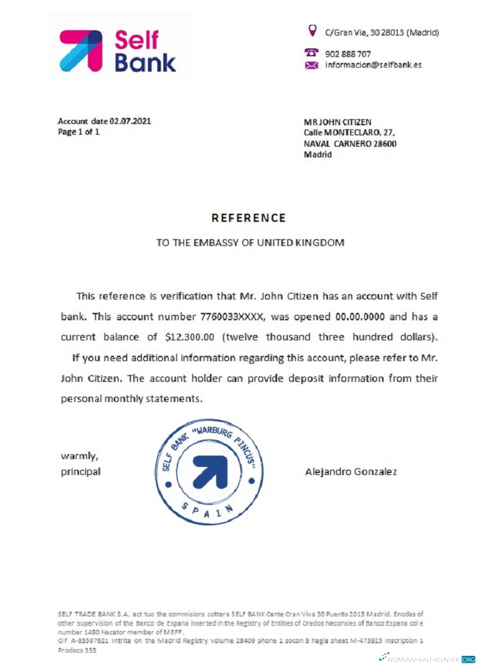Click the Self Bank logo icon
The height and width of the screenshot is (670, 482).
coord(81,50)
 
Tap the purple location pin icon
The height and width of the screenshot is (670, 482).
coord(311,31)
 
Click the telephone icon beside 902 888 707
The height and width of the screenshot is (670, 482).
coord(311,53)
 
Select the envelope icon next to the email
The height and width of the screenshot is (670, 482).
coord(311,66)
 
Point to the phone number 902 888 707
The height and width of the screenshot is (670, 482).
coord(348,54)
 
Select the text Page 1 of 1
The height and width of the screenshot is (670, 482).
coord(78,132)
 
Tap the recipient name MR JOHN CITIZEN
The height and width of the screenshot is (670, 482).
coord(337,122)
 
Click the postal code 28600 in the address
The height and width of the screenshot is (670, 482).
coord(385,143)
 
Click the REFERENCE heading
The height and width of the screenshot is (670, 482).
coord(248,218)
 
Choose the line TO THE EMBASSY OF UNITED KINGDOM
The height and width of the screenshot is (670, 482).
coord(250,243)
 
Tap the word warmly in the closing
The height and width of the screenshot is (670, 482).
coord(80,456)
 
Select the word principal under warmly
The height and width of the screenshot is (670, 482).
coord(81,471)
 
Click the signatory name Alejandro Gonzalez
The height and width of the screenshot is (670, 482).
coord(351,471)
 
